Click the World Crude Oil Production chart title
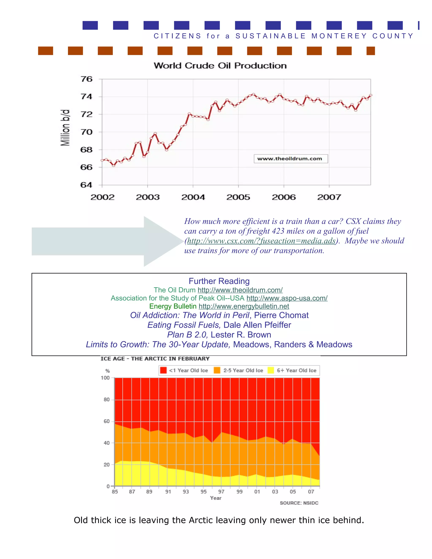pyautogui.click(x=220, y=66)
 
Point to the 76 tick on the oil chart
pyautogui.click(x=86, y=79)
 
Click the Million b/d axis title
pyautogui.click(x=65, y=128)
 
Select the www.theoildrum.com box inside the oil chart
pyautogui.click(x=290, y=159)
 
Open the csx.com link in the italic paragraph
pyautogui.click(x=261, y=241)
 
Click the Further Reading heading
pyautogui.click(x=219, y=281)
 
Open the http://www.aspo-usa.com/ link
pyautogui.click(x=287, y=298)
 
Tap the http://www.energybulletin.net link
pyautogui.click(x=244, y=306)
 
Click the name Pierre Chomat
pyautogui.click(x=281, y=315)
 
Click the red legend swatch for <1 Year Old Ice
pyautogui.click(x=163, y=370)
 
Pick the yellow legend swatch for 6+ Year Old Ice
pyautogui.click(x=270, y=370)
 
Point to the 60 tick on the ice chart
pyautogui.click(x=107, y=421)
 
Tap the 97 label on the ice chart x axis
pyautogui.click(x=221, y=492)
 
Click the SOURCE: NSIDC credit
pyautogui.click(x=299, y=503)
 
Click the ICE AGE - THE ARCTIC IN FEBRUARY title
pyautogui.click(x=155, y=359)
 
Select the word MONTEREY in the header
pyautogui.click(x=339, y=36)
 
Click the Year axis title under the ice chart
pyautogui.click(x=216, y=498)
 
